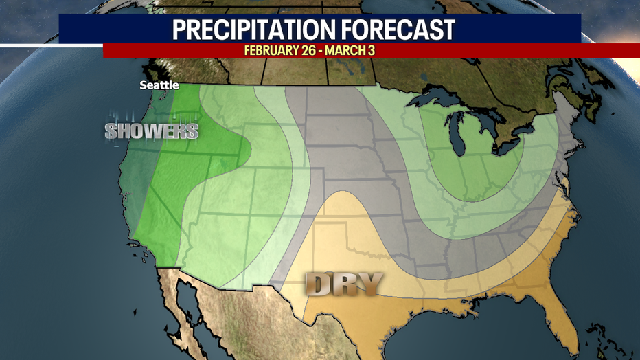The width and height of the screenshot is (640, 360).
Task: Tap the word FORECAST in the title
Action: coord(401,30)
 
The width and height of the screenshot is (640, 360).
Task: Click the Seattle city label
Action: coord(159,85)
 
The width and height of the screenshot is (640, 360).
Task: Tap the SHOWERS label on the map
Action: coord(152,131)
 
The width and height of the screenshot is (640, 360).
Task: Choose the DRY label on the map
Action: coord(343,283)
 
